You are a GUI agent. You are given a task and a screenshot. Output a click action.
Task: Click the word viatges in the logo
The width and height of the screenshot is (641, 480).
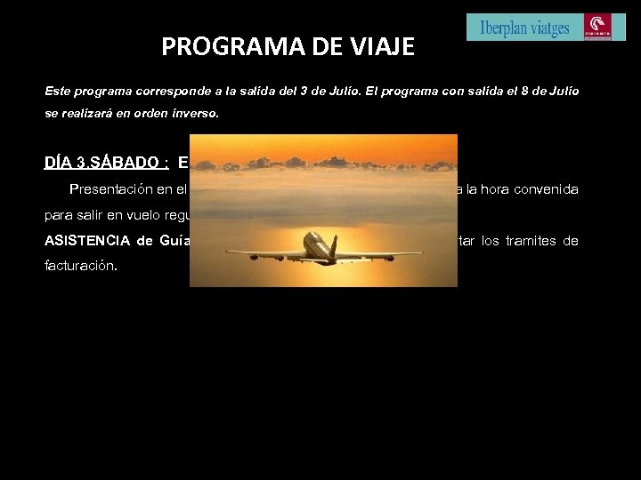(x=551, y=28)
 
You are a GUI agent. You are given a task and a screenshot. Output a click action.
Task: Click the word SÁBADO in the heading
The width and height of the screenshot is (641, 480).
(x=134, y=163)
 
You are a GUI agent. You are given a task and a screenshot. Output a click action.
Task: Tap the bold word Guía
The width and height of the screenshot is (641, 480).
(x=173, y=240)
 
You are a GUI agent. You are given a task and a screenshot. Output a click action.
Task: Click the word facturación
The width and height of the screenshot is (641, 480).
(x=81, y=266)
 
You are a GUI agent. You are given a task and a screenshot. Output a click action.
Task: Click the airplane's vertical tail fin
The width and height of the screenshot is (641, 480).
(x=333, y=244)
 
